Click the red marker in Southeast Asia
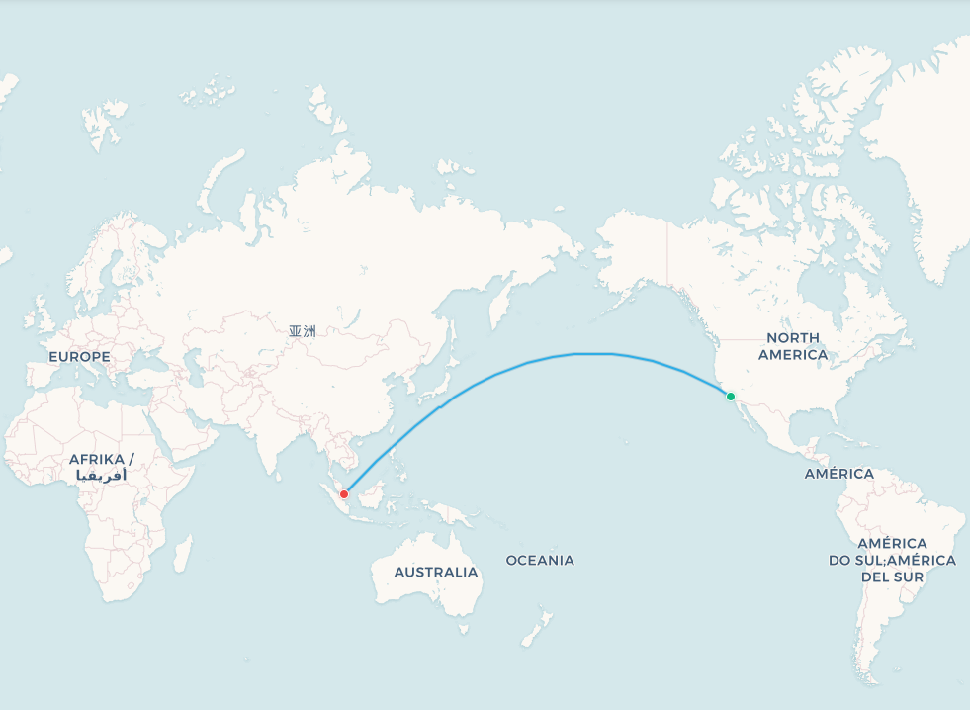click(x=344, y=494)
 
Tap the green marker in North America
click(x=731, y=397)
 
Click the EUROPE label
click(x=79, y=356)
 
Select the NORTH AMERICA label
click(x=792, y=346)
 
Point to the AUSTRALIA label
click(x=435, y=572)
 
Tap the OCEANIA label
click(x=540, y=560)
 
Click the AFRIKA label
click(x=101, y=459)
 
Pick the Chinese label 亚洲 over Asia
click(x=303, y=331)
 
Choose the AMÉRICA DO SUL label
click(x=892, y=560)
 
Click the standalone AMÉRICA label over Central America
click(x=838, y=474)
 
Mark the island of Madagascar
click(x=183, y=554)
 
